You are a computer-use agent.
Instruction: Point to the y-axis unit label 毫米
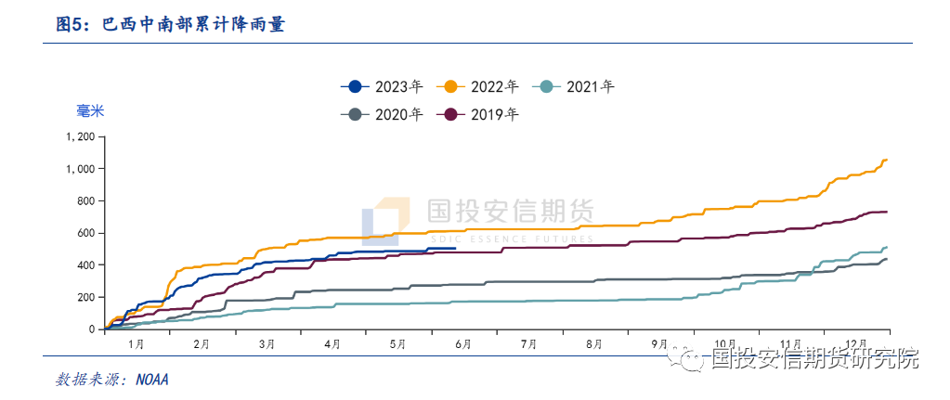(90, 111)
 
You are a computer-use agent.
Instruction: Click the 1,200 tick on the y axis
(81, 136)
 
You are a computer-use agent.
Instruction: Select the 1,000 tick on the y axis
(81, 169)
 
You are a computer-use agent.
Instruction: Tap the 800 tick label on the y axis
(85, 200)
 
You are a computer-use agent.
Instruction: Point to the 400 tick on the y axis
(85, 265)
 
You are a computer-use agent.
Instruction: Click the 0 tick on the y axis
(92, 329)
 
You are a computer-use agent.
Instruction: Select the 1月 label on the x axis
(136, 344)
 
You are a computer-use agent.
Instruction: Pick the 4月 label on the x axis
(332, 344)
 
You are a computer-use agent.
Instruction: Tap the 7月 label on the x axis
(529, 344)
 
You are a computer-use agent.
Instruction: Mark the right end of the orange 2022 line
(887, 161)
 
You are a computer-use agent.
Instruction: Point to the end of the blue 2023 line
(455, 248)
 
